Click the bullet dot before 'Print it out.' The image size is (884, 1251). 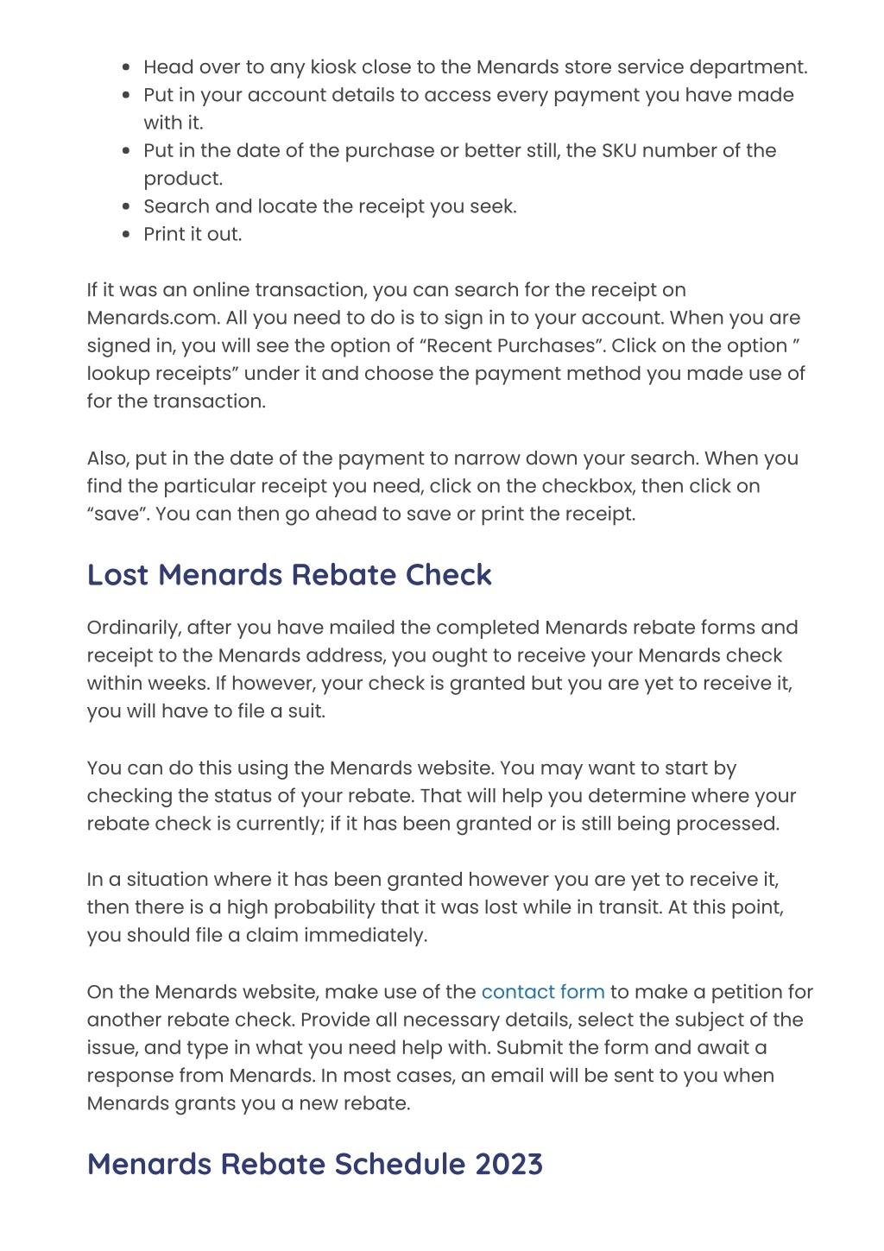pos(126,235)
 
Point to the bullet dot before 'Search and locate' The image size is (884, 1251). pos(126,207)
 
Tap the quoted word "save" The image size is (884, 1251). pos(117,515)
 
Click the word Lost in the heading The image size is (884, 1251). pos(118,575)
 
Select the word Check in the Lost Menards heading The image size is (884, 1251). pos(449,575)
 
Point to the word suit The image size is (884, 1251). pos(306,712)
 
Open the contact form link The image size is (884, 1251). pos(542,993)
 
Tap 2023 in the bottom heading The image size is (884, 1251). pos(508,1165)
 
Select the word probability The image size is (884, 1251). pos(313,908)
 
